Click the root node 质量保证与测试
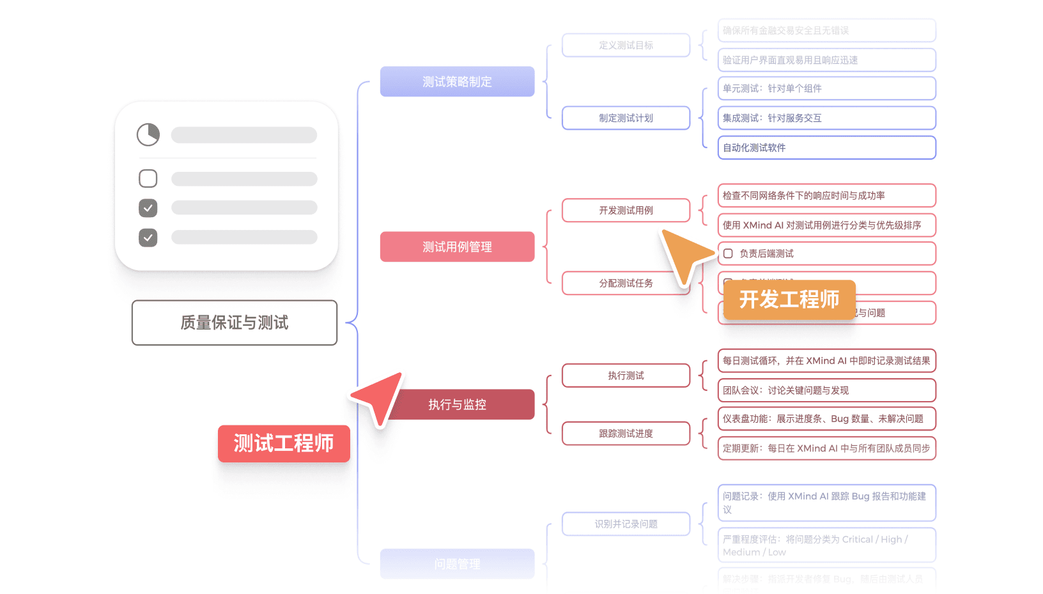234,323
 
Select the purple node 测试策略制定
457,82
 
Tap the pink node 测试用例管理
457,247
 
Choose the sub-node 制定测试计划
626,118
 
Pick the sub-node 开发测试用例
626,210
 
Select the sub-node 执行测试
626,376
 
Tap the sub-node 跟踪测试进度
626,433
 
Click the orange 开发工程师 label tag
789,299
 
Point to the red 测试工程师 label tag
283,443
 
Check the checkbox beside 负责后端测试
728,254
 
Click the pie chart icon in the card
148,135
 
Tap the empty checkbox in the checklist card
148,178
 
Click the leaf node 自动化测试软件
826,148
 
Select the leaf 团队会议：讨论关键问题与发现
826,390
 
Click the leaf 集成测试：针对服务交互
826,118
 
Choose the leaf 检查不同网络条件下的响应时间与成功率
826,195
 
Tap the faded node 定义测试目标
626,45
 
